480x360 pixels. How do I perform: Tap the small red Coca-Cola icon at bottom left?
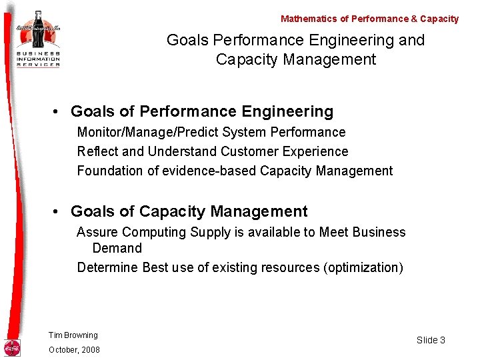pos(12,347)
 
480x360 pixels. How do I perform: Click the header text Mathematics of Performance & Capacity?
pos(369,19)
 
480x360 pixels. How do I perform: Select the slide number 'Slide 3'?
pos(431,340)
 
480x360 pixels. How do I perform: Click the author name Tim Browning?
pos(73,335)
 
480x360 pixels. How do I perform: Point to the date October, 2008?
pos(74,350)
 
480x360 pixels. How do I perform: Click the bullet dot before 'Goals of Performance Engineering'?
pos(59,111)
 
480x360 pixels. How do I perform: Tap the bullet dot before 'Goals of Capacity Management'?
pos(59,212)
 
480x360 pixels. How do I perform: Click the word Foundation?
pos(109,171)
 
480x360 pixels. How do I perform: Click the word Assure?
pos(97,232)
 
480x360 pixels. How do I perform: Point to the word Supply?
pos(210,232)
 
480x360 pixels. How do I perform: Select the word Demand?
pos(117,248)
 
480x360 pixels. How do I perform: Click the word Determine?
pos(107,267)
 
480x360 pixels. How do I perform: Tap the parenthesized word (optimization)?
pos(363,267)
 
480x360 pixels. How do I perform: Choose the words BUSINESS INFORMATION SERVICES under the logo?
pos(38,58)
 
